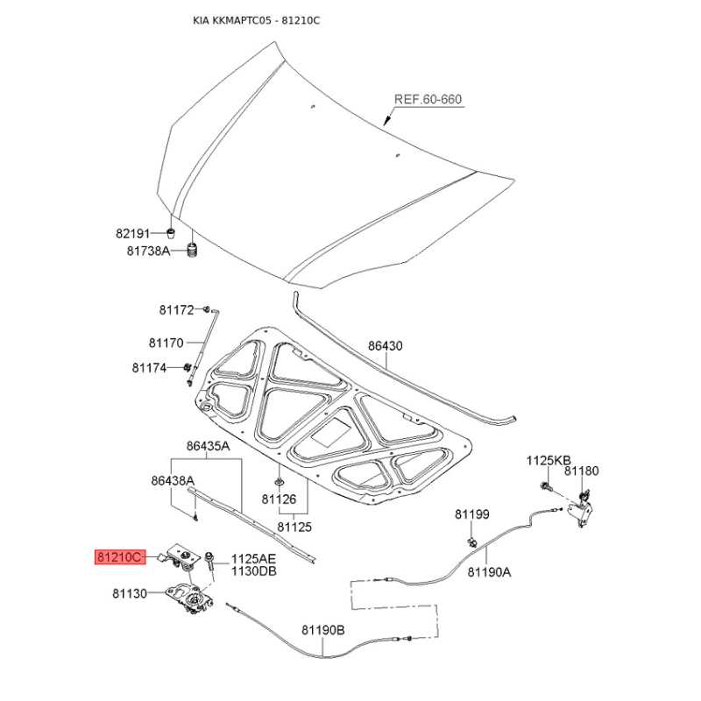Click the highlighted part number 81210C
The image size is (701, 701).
[x=120, y=557]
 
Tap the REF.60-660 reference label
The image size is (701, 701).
[x=428, y=99]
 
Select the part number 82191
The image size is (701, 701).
[x=133, y=233]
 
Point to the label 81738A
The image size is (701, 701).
[x=148, y=251]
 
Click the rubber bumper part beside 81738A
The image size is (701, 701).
[x=193, y=250]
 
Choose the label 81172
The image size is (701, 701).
[x=177, y=310]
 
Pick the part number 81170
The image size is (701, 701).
[x=166, y=343]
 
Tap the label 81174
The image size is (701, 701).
[x=149, y=368]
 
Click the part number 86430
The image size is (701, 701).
[x=386, y=345]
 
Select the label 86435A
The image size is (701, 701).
[x=208, y=446]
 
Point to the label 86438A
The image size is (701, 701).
[x=173, y=481]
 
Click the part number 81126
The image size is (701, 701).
[x=279, y=499]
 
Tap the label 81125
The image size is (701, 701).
[x=294, y=528]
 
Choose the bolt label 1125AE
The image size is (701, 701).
[x=253, y=559]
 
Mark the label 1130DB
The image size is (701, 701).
[x=253, y=571]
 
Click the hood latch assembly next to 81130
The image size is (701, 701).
[x=190, y=597]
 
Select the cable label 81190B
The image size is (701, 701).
[x=323, y=630]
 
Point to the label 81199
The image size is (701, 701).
[x=472, y=514]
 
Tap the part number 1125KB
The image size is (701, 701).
[x=549, y=461]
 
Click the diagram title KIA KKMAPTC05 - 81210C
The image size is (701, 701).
[x=256, y=20]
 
